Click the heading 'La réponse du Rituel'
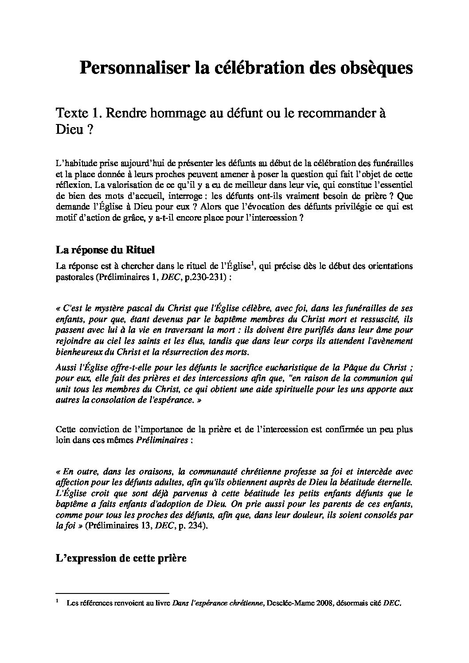pyautogui.click(x=105, y=250)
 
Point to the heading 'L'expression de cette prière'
pyautogui.click(x=121, y=558)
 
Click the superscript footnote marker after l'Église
pyautogui.click(x=252, y=264)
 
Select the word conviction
pyautogui.click(x=95, y=429)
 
